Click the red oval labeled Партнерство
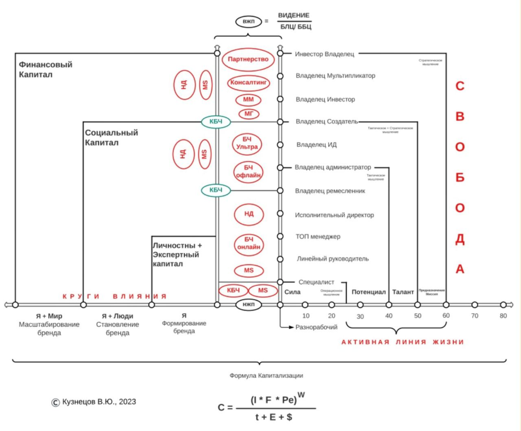[248, 59]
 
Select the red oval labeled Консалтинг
[248, 83]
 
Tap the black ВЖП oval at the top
[248, 21]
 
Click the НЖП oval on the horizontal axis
[248, 305]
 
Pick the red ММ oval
[248, 99]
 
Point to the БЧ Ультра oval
[247, 143]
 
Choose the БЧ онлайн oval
[249, 243]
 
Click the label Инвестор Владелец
[324, 54]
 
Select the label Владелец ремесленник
[330, 191]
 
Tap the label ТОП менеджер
[318, 237]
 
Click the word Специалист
[316, 282]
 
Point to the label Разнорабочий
[316, 327]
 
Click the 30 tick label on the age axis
[360, 316]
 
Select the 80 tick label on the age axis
[503, 316]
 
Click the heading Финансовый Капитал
[46, 70]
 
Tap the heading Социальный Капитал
[111, 138]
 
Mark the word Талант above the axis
[403, 292]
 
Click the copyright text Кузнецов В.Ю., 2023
[99, 402]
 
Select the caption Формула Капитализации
[266, 376]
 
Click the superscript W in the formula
[301, 395]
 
